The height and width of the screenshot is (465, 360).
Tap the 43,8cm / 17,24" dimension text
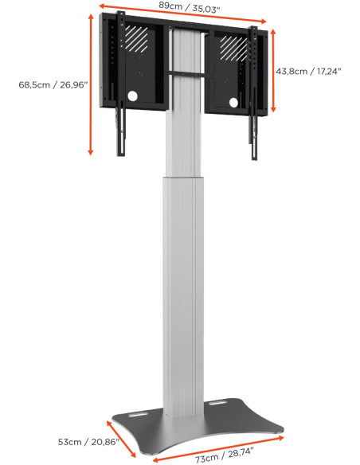click(309, 71)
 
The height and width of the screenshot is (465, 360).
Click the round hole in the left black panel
click(131, 97)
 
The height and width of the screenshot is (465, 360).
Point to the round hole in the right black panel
click(233, 101)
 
